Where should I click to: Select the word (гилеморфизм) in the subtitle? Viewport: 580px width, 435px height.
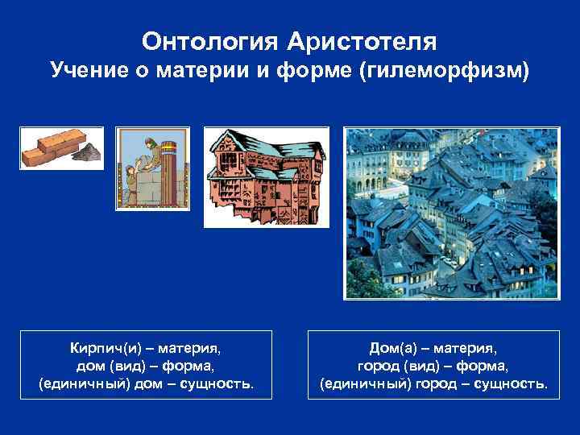click(448, 72)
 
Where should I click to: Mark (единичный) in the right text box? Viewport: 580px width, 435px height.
click(365, 384)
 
